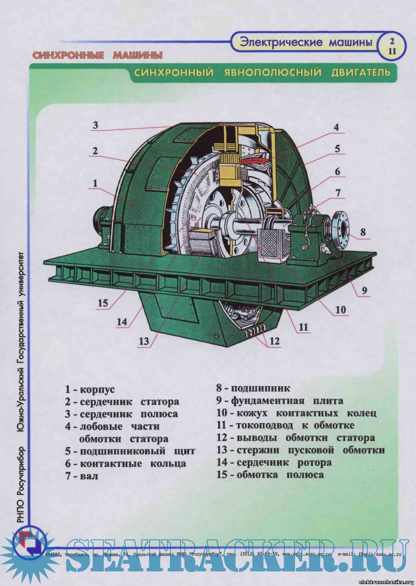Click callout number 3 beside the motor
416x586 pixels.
[x=96, y=125]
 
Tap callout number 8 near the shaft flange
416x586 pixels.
[x=363, y=232]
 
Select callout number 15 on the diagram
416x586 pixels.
[x=103, y=303]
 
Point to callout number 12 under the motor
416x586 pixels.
[x=275, y=341]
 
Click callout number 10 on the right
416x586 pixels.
[x=341, y=310]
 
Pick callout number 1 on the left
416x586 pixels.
[x=95, y=183]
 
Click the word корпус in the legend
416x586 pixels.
[x=97, y=389]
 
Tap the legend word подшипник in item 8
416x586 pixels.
[x=261, y=388]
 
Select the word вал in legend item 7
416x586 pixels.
[x=89, y=476]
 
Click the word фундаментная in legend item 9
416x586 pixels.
[x=268, y=401]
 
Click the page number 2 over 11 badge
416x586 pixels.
[x=392, y=46]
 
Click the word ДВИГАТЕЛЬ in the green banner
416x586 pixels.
[x=361, y=72]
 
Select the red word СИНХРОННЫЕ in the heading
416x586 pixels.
[x=68, y=55]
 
